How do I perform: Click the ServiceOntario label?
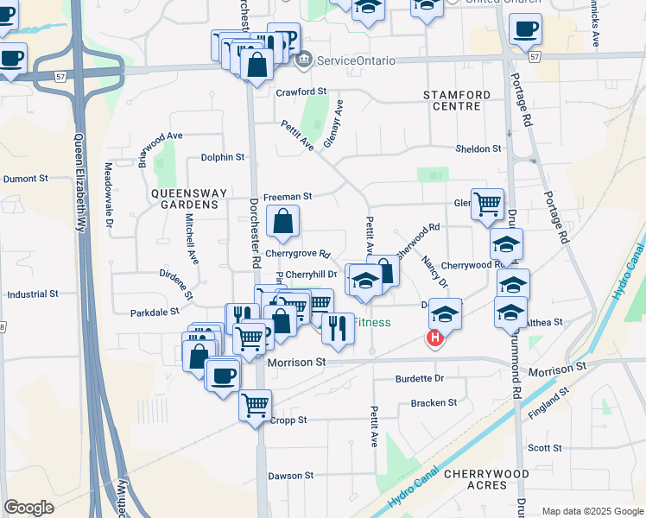[356, 61]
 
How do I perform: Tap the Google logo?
[28, 508]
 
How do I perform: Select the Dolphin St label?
[224, 157]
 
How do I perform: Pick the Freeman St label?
[287, 196]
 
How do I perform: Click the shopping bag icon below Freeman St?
[282, 222]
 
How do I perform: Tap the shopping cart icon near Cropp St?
[255, 405]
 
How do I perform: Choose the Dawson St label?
[290, 476]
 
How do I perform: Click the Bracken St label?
[434, 402]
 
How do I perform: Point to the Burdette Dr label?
[419, 378]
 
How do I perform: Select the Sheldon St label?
[478, 148]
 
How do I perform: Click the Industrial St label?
[32, 294]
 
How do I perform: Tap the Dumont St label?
[26, 179]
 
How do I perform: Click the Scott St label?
[544, 448]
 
